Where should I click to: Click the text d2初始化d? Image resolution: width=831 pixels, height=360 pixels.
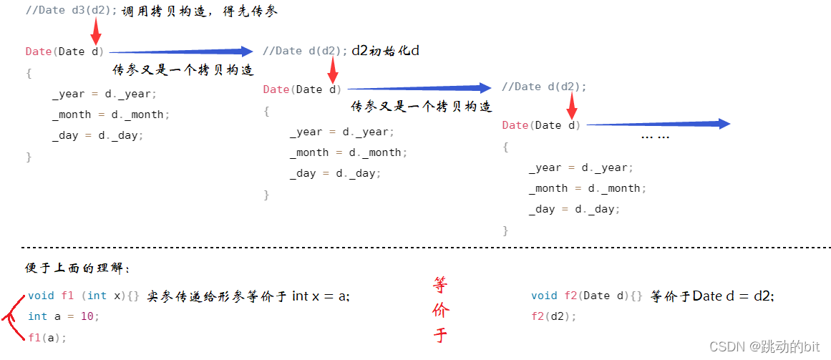(385, 51)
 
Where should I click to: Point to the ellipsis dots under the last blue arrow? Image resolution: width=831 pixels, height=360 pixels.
(655, 137)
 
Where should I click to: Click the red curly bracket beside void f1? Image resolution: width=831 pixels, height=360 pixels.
(14, 318)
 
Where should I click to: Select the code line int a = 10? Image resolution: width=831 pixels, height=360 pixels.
(64, 316)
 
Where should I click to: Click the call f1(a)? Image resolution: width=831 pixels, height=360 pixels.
(48, 338)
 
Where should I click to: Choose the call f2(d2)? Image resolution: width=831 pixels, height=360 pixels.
(553, 316)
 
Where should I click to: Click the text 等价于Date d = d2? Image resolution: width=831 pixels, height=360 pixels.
(712, 296)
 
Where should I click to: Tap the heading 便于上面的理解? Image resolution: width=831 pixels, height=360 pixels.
(77, 268)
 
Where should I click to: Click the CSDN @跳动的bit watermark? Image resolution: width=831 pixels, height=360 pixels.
(765, 346)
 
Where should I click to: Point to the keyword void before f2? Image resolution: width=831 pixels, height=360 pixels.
(544, 296)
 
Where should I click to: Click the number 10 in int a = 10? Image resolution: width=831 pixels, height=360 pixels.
(87, 316)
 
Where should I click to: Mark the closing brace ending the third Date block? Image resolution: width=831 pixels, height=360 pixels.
(505, 230)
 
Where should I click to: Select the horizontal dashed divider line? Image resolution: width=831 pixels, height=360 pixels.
(426, 248)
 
